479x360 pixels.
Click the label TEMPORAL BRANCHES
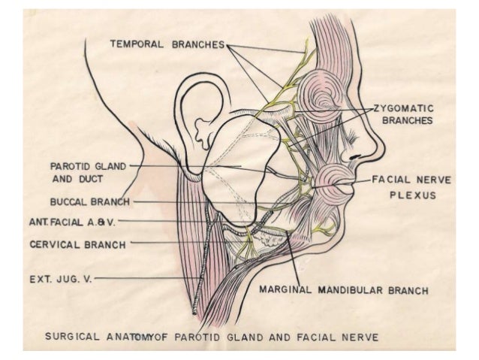coord(167,44)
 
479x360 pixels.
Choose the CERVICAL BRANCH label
coord(77,244)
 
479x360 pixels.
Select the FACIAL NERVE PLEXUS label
coord(408,187)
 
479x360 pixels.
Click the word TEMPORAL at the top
coord(137,44)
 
